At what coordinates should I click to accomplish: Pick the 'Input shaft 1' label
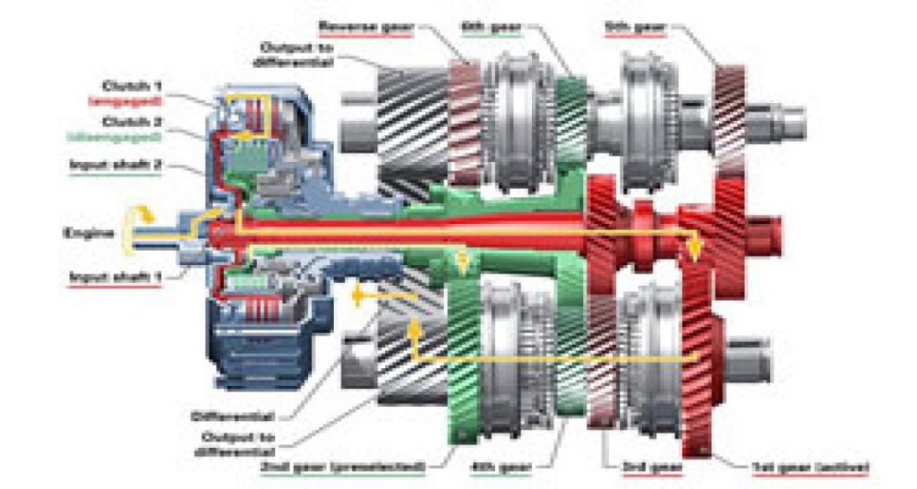[x=115, y=277]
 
